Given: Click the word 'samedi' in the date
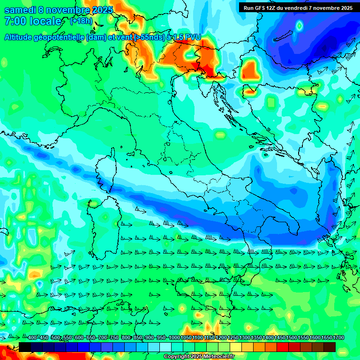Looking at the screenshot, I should point(20,10).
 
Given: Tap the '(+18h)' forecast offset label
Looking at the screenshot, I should point(81,21).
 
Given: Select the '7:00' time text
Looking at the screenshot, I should point(14,21).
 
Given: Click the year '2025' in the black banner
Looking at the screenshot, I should point(345,7).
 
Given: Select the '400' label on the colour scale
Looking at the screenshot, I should point(32,338).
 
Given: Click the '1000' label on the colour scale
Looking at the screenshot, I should point(174,338).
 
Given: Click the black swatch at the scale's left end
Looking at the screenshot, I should point(25,347).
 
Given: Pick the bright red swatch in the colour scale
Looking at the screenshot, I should point(283,347).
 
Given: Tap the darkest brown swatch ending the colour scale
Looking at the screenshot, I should point(330,347).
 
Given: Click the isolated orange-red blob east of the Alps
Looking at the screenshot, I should point(251,70).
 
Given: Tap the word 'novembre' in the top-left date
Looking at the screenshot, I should point(69,10).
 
